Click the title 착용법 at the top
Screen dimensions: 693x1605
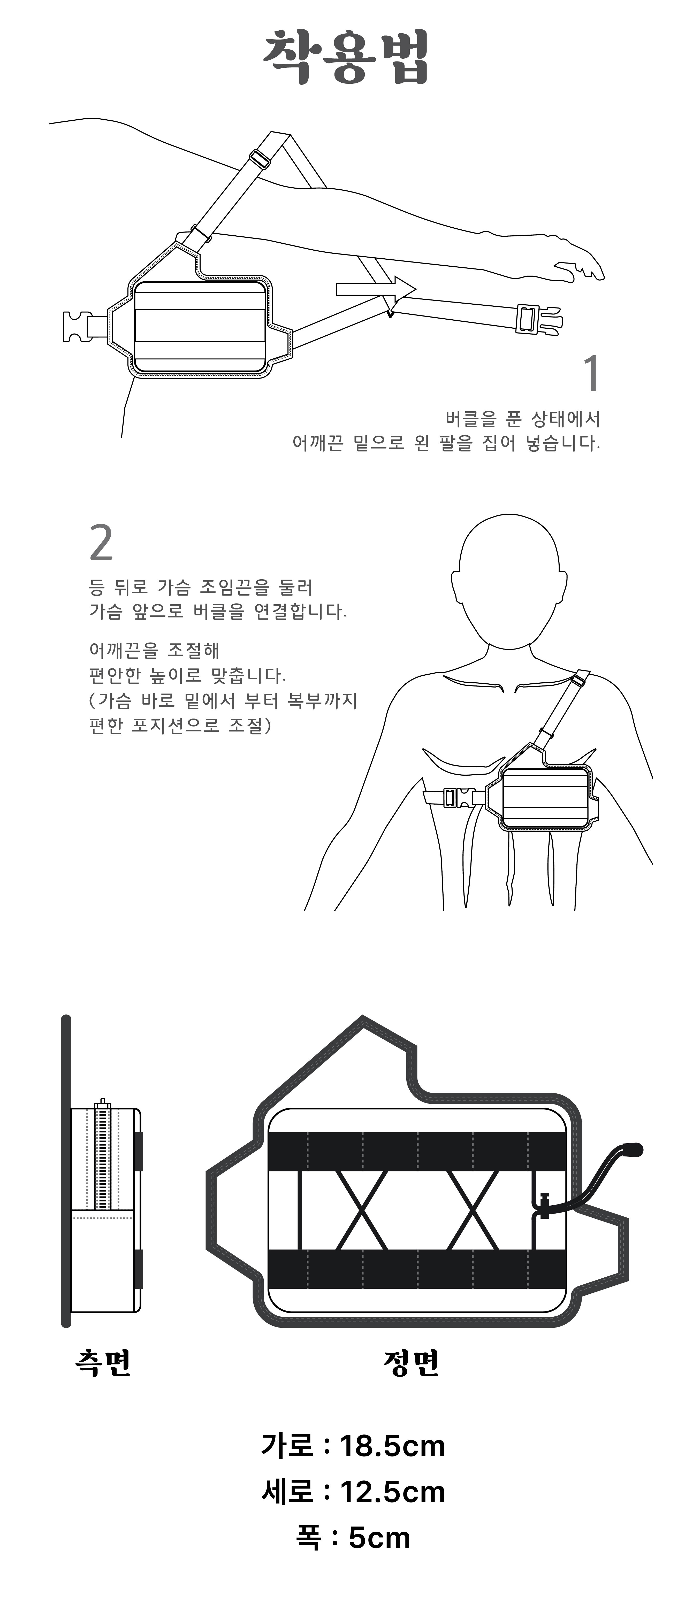346,57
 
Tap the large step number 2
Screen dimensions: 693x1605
102,543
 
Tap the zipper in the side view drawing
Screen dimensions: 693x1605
102,1156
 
